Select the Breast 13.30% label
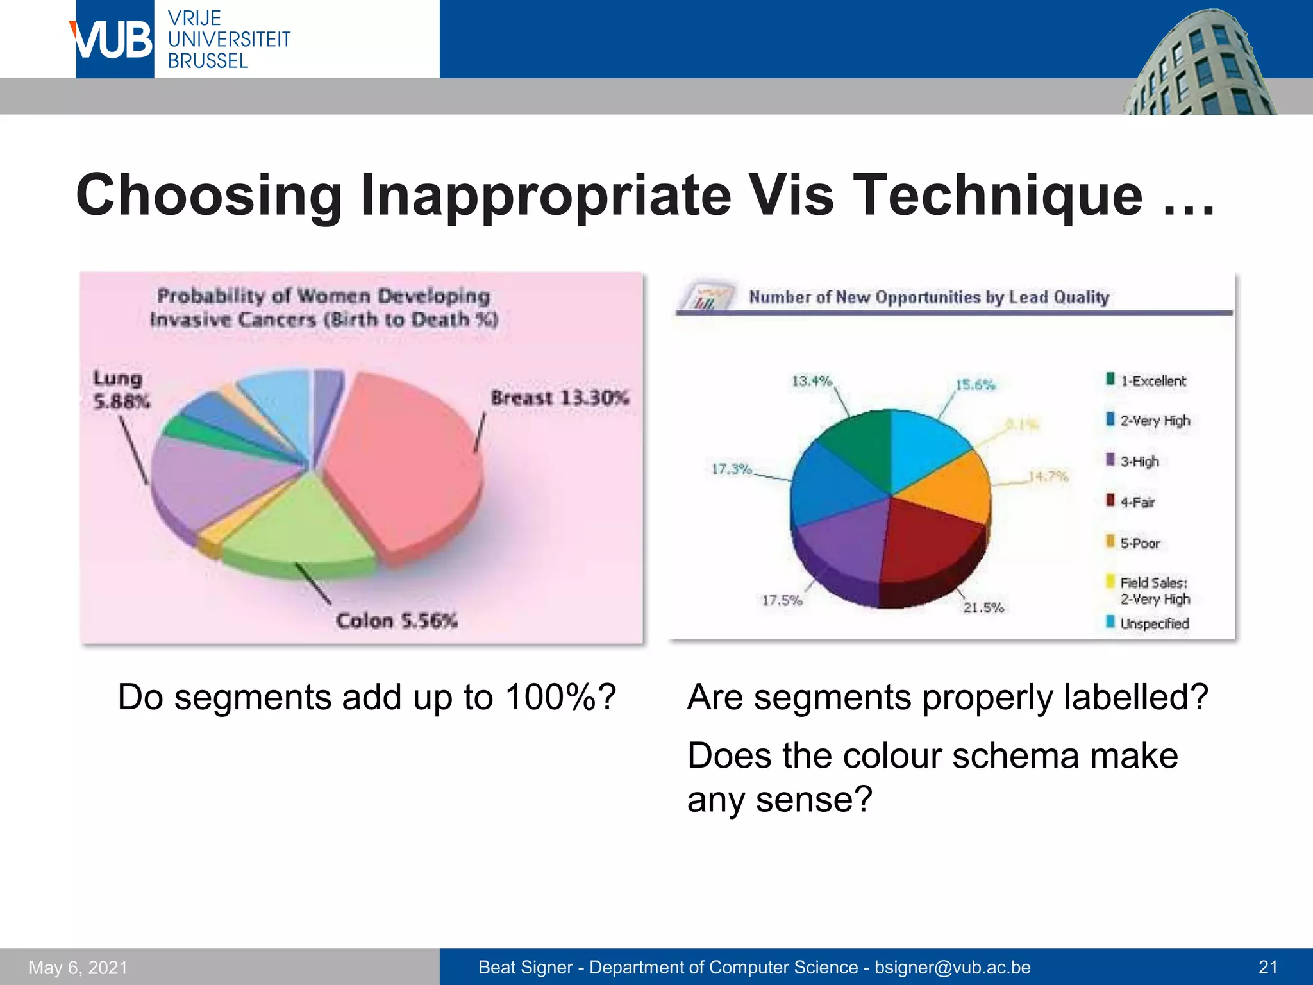559,398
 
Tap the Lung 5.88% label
121,390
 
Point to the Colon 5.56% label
396,621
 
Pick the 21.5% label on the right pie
983,607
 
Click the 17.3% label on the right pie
731,469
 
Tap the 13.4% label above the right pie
811,381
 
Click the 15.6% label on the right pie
975,385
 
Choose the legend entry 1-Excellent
1152,381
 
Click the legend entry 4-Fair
1137,502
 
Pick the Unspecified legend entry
1153,623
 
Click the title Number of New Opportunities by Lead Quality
928,297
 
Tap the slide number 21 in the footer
1267,967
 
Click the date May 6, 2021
78,967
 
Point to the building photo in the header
1199,64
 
